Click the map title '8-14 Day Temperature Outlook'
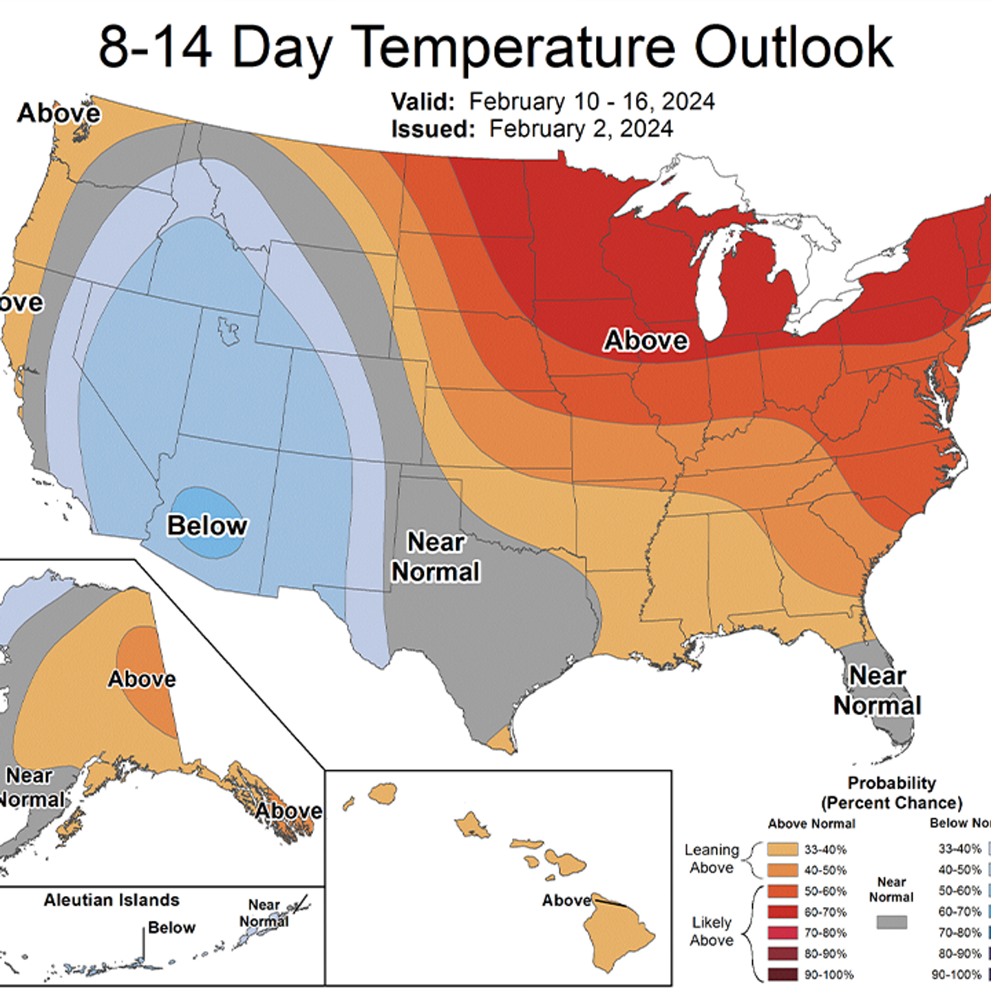495,47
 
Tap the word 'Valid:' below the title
423,102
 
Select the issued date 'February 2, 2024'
581,129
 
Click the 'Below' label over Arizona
207,525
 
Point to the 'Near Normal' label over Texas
436,557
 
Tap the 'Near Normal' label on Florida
877,690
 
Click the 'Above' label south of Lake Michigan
646,340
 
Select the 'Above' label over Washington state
59,113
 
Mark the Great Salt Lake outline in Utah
228,331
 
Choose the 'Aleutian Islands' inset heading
111,900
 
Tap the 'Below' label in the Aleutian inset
171,928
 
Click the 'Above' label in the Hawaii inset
566,900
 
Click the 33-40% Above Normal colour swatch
782,850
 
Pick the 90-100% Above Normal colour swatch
782,974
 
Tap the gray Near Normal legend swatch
891,922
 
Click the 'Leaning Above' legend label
712,859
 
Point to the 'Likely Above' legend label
712,931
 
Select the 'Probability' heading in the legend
891,783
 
